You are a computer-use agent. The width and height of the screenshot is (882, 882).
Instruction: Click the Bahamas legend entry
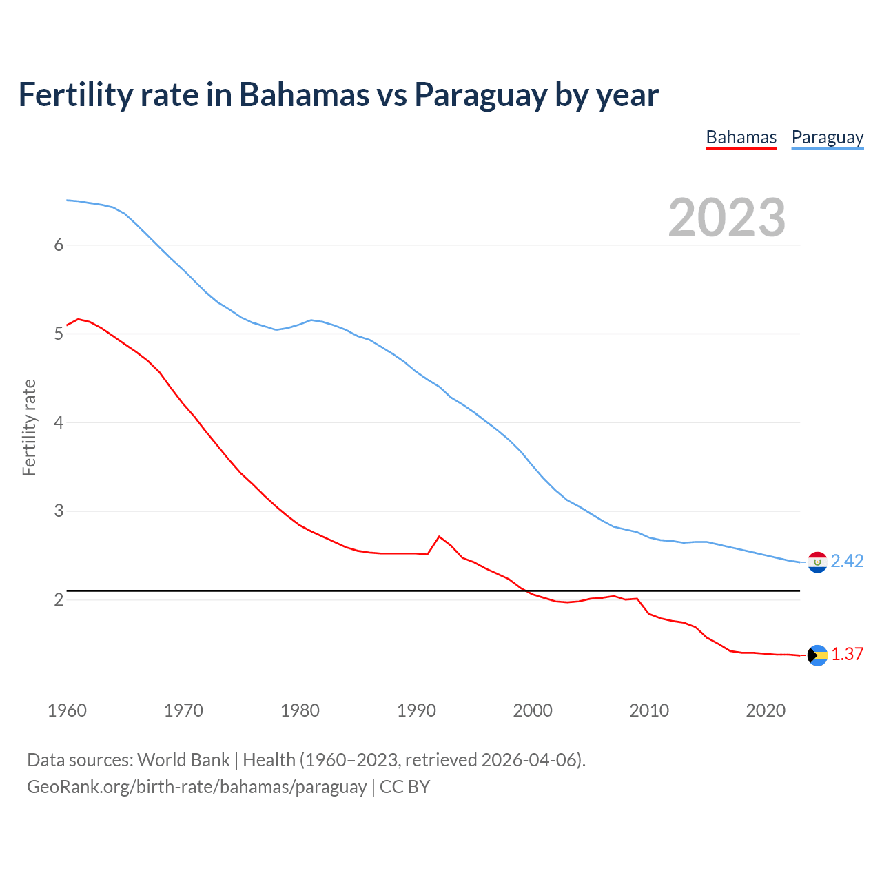pyautogui.click(x=741, y=138)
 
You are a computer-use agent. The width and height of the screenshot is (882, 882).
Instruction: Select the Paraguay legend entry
pyautogui.click(x=827, y=138)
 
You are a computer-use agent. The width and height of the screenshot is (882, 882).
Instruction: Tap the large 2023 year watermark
pyautogui.click(x=726, y=218)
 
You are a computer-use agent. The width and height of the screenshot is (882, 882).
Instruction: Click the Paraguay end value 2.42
pyautogui.click(x=847, y=562)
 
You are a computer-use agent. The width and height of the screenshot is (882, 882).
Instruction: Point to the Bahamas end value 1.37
pyautogui.click(x=847, y=655)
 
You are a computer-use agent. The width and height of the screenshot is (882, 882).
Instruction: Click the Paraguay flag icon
pyautogui.click(x=817, y=562)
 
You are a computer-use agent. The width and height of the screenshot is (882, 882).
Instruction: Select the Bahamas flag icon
pyautogui.click(x=817, y=655)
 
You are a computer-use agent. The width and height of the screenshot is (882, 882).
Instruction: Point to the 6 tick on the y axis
pyautogui.click(x=59, y=245)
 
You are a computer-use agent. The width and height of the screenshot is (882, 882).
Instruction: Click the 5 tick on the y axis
pyautogui.click(x=59, y=334)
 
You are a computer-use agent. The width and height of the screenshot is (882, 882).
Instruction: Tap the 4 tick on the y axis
pyautogui.click(x=59, y=422)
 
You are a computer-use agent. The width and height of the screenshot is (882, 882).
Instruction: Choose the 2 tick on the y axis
pyautogui.click(x=59, y=600)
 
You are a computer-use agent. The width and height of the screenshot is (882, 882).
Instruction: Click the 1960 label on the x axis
pyautogui.click(x=67, y=710)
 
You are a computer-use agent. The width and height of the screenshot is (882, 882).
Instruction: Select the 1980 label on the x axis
pyautogui.click(x=300, y=710)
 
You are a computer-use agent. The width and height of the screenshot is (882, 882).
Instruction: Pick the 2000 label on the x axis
pyautogui.click(x=533, y=710)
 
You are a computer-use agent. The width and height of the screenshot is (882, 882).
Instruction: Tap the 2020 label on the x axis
pyautogui.click(x=766, y=710)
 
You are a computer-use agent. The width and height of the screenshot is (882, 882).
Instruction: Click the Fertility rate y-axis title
pyautogui.click(x=29, y=427)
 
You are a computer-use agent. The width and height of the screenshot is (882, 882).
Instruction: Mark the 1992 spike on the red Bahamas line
pyautogui.click(x=439, y=537)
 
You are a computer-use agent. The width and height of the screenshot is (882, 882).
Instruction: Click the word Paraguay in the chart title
pyautogui.click(x=480, y=95)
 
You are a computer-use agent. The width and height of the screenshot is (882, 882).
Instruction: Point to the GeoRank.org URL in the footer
pyautogui.click(x=196, y=787)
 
